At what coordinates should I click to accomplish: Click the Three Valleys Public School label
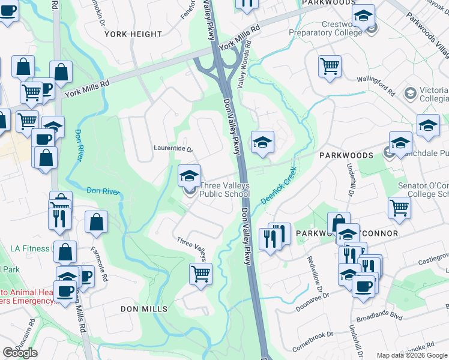tap(224, 190)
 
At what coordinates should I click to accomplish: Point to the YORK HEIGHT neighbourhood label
tap(133, 34)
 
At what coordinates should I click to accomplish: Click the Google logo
tap(20, 353)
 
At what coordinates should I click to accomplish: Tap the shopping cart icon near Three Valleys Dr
tap(201, 274)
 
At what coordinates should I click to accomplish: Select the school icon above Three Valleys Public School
tap(189, 176)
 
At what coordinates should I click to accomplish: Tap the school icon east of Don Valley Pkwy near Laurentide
tap(262, 142)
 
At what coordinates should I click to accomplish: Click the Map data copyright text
tap(412, 355)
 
